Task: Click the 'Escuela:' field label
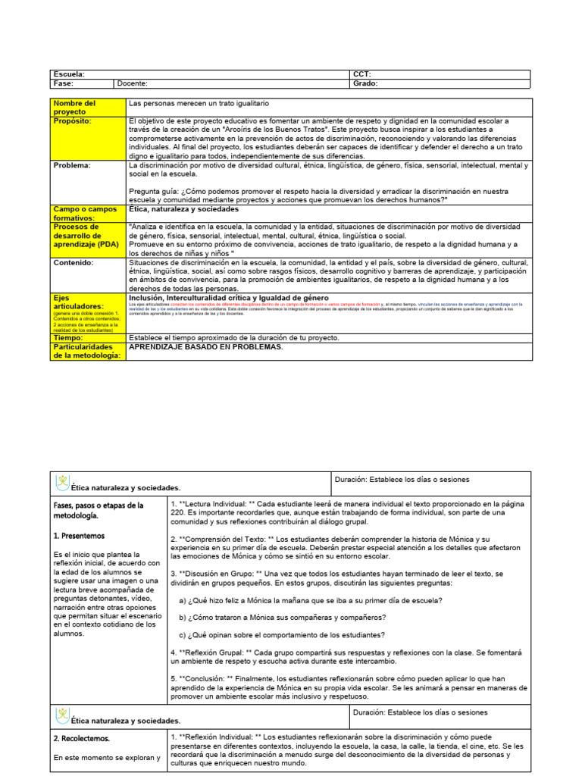tap(68, 74)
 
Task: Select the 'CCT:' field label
tap(361, 74)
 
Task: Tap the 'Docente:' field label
tap(133, 84)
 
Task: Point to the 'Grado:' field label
tap(365, 84)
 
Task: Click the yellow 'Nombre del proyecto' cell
tap(74, 107)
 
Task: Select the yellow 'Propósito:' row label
tap(73, 121)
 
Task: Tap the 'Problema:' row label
tap(72, 164)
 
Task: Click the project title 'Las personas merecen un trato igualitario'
tap(199, 103)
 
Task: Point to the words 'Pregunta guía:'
tap(155, 191)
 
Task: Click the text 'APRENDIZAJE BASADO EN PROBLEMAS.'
tap(206, 346)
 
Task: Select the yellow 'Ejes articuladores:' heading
tap(78, 302)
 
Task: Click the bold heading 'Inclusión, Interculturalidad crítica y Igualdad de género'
tap(229, 298)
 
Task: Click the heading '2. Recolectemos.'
tap(82, 737)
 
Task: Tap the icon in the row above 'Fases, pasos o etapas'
tap(63, 482)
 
